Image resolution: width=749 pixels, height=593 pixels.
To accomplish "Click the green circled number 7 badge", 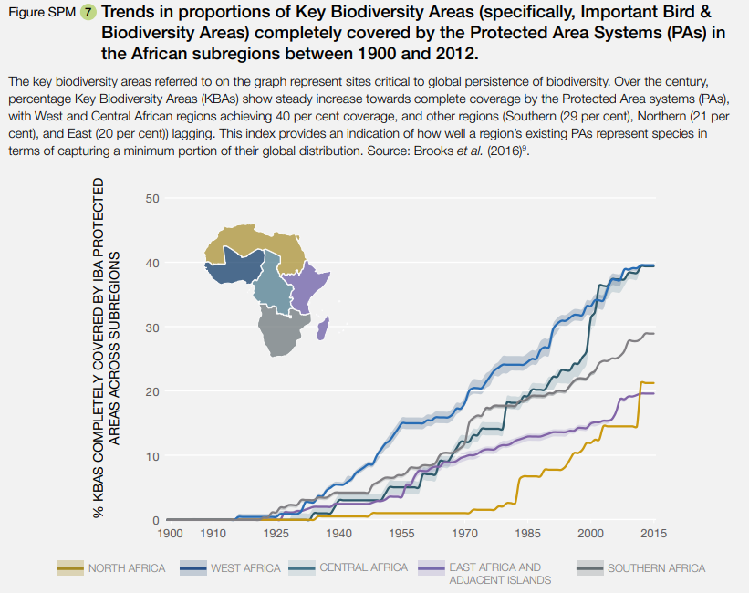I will tap(88, 15).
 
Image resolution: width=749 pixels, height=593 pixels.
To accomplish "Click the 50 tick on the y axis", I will tap(152, 198).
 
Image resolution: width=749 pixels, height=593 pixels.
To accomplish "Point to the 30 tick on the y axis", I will tap(152, 328).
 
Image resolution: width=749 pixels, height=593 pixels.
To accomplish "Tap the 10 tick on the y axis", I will tap(152, 456).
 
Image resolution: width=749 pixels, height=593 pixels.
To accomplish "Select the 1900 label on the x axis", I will tap(171, 533).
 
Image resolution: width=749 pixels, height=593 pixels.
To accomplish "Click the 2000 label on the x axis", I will tap(590, 533).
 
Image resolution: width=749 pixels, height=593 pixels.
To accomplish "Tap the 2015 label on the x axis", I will tap(653, 533).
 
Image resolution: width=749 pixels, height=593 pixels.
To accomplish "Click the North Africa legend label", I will tap(127, 568).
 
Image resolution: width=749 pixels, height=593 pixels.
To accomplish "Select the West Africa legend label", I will tap(245, 568).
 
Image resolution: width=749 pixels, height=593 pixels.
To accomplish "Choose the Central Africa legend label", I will tap(363, 567).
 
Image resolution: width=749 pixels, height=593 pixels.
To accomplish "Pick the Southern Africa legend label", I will tap(656, 568).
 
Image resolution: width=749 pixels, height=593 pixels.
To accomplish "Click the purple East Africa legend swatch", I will tap(430, 568).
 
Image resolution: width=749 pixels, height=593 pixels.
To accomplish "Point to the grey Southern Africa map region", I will tap(282, 332).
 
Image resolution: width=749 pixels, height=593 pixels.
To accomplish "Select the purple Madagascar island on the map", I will tap(322, 327).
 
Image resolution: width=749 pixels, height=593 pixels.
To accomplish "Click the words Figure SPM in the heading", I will tap(42, 15).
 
